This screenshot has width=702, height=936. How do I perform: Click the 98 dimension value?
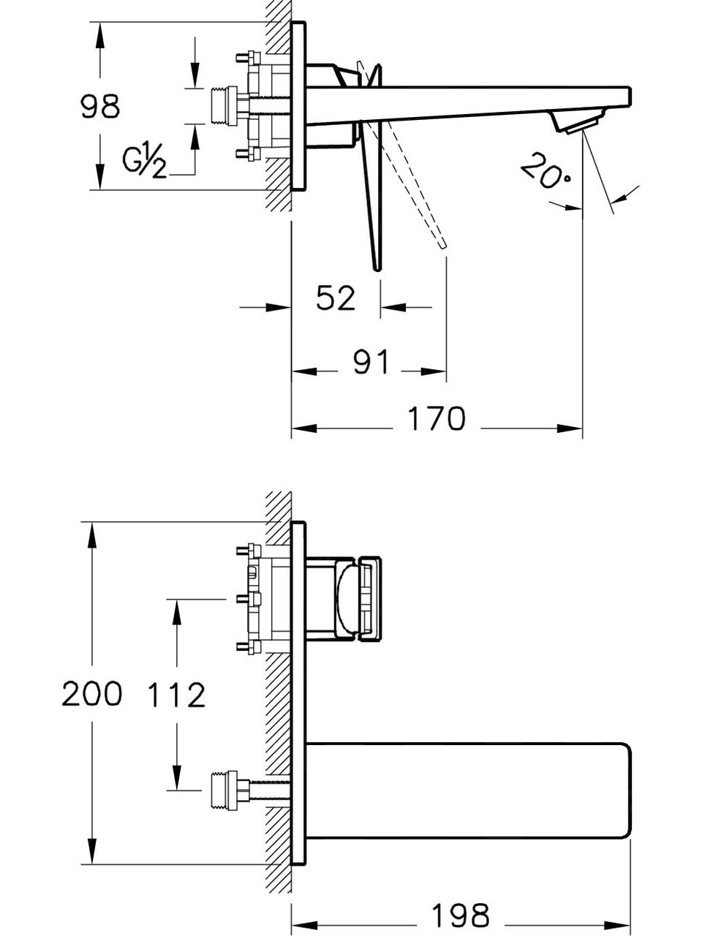click(x=99, y=107)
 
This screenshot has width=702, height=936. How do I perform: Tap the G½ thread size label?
click(x=144, y=160)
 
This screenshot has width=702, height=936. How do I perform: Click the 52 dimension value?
click(x=336, y=298)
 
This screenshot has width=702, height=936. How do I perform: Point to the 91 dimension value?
click(x=371, y=362)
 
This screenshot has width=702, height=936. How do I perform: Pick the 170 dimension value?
click(x=436, y=419)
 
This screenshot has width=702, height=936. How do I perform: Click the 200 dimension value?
click(x=91, y=694)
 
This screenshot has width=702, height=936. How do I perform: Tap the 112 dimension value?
click(x=176, y=695)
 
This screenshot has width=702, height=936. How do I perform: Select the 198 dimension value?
click(x=460, y=915)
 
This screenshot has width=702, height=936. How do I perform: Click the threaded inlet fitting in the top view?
click(x=224, y=106)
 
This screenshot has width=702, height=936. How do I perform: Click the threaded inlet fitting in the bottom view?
click(x=224, y=790)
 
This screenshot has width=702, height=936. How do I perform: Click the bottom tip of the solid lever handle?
click(x=377, y=267)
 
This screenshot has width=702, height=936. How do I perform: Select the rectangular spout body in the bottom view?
click(x=468, y=790)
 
